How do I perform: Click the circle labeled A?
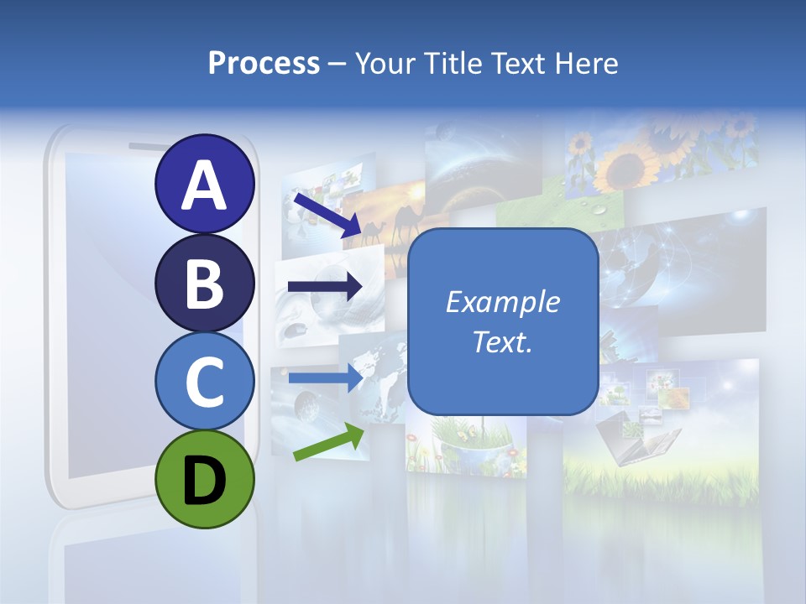[205, 185]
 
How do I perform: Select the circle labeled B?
[205, 284]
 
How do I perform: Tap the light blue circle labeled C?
[205, 382]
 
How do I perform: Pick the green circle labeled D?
[205, 479]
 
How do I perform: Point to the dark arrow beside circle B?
[325, 287]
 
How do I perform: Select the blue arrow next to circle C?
[325, 377]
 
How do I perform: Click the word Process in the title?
[264, 63]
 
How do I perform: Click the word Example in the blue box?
[503, 302]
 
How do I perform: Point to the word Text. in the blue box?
[503, 341]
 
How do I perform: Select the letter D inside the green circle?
[205, 481]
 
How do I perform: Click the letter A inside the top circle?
[205, 185]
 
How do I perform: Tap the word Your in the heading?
[382, 63]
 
